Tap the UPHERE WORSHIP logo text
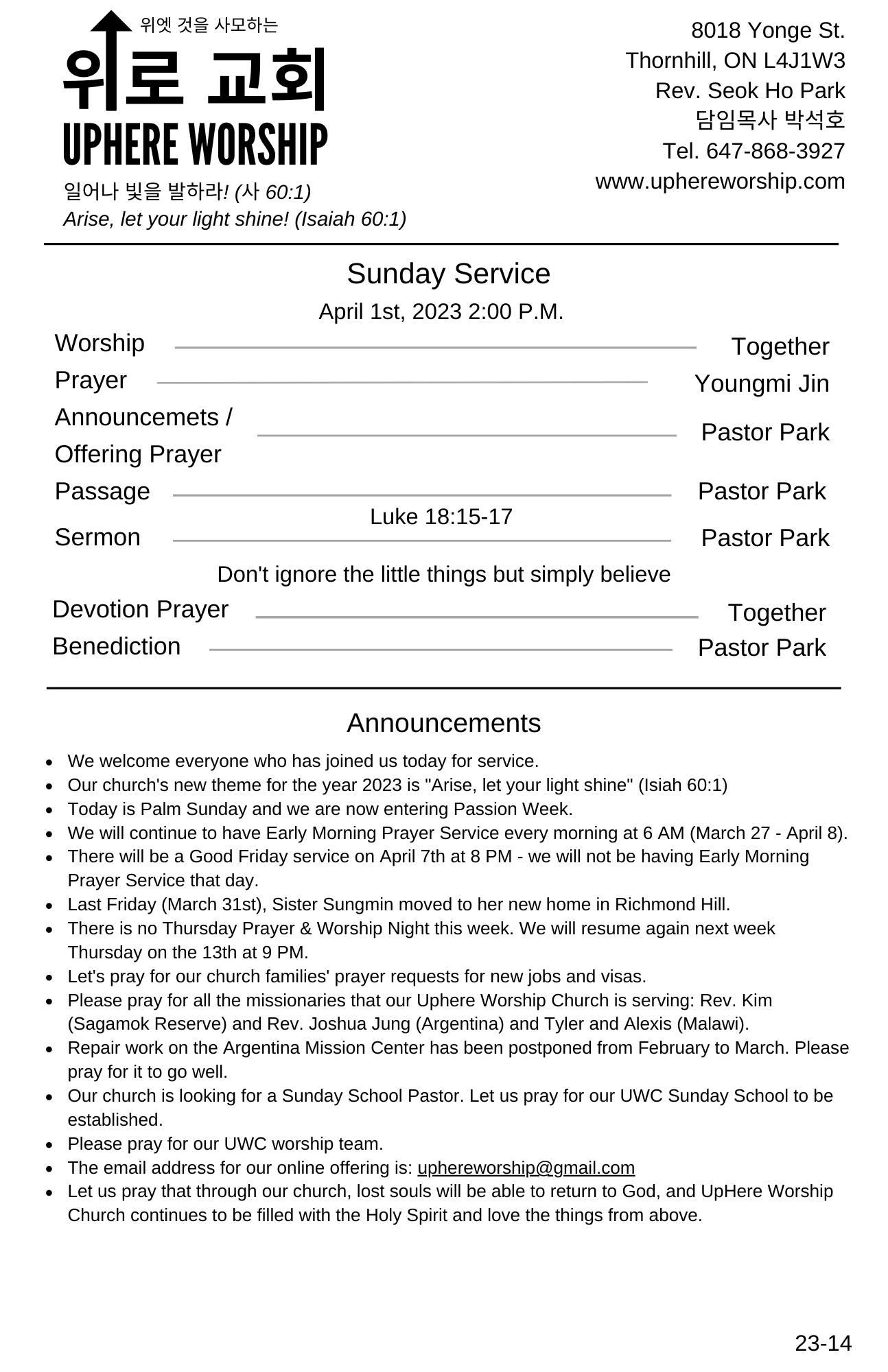click(x=195, y=145)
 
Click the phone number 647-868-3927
click(x=775, y=151)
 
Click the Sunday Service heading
click(x=448, y=274)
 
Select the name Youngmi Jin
click(x=761, y=383)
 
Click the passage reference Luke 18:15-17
click(x=441, y=517)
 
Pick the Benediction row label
click(x=117, y=646)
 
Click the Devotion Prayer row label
click(x=140, y=609)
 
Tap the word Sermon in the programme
click(x=97, y=537)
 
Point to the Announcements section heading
click(x=443, y=723)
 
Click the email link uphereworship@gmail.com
click(x=526, y=1168)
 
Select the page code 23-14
click(x=823, y=1343)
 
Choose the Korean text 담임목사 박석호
click(x=770, y=120)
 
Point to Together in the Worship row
click(x=780, y=346)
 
